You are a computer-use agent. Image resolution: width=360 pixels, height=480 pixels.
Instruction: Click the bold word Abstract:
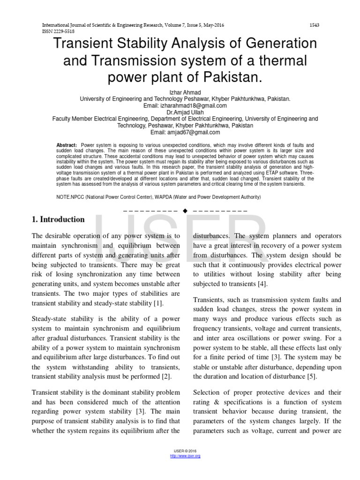point(66,145)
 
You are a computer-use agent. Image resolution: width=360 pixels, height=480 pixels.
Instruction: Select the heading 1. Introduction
point(58,219)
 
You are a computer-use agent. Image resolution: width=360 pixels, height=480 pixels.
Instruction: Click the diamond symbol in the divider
point(185,210)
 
